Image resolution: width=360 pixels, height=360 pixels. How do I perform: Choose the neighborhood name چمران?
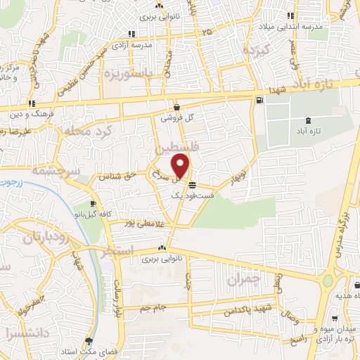244,279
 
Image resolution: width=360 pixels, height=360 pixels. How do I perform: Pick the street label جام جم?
155,307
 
